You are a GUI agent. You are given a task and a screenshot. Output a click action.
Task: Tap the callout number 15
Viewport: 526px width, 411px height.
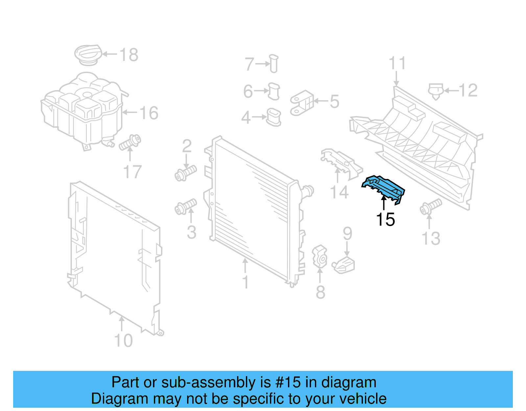385,219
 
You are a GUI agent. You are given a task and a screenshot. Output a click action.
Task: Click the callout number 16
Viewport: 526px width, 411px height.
149,113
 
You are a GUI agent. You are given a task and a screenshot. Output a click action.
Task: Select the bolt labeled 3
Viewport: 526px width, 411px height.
186,207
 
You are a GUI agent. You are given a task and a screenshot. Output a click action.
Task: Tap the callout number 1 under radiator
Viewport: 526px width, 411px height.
245,282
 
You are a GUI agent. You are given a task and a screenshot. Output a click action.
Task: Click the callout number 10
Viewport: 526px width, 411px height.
123,341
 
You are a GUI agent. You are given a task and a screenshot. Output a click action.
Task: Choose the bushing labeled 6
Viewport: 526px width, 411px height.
274,91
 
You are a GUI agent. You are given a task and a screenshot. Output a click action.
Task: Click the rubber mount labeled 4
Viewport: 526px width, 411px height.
274,117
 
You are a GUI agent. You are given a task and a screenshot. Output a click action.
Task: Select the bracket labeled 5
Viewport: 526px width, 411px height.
302,103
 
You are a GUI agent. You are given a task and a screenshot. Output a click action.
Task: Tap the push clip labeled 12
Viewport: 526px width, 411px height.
436,91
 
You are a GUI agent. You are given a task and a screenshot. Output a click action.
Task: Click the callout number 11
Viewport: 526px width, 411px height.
397,63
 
